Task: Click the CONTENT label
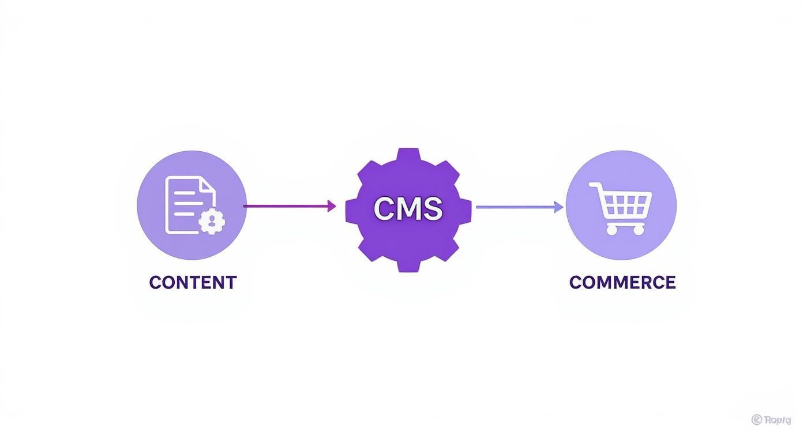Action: click(193, 282)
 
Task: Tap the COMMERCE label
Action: click(622, 282)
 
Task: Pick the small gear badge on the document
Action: click(212, 220)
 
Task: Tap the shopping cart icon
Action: click(621, 208)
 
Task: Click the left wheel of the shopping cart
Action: click(612, 230)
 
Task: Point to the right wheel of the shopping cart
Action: click(639, 230)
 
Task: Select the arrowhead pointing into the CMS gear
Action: click(332, 205)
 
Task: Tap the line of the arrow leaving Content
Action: click(286, 205)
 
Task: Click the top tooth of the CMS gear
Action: click(408, 155)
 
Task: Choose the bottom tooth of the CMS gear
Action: click(408, 265)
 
